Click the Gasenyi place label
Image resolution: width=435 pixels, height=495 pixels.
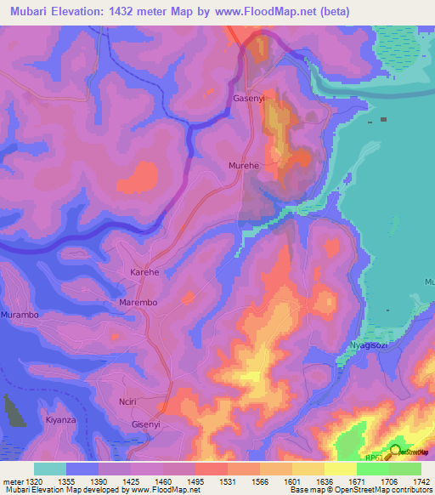pos(250,99)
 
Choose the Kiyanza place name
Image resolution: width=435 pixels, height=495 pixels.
pos(60,420)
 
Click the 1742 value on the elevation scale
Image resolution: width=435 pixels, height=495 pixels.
pos(410,481)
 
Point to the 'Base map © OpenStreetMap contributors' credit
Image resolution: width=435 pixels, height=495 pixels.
pos(359,490)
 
